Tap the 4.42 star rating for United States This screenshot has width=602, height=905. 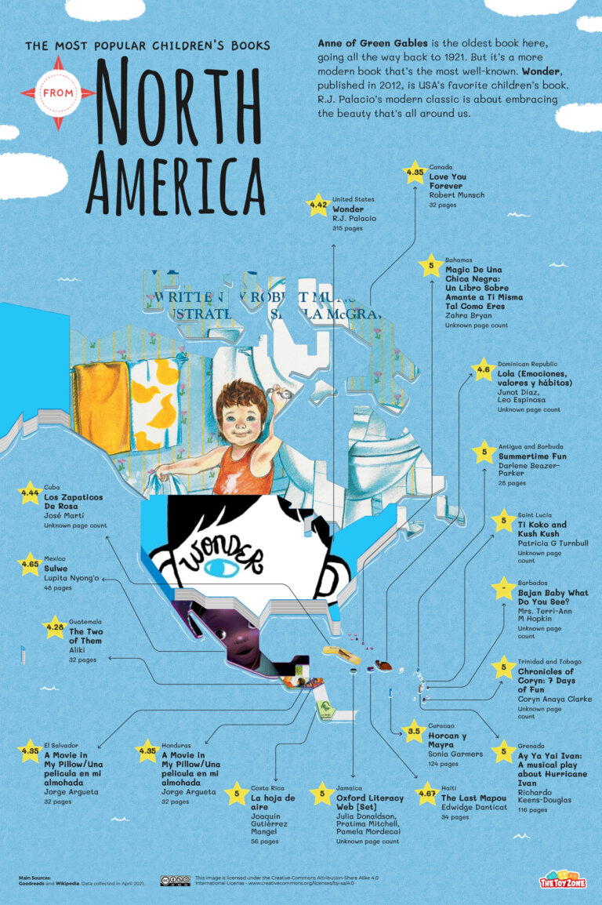(x=318, y=206)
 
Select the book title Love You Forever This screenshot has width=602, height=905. (x=448, y=182)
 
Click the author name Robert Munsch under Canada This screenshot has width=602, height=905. (x=456, y=194)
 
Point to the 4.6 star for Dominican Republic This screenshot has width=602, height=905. (x=484, y=369)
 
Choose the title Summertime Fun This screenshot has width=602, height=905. (x=532, y=456)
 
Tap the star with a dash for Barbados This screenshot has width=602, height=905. (x=502, y=587)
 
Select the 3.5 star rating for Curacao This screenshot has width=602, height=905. (x=414, y=731)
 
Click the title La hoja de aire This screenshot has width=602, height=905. (x=273, y=802)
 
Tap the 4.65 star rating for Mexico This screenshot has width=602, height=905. (x=29, y=563)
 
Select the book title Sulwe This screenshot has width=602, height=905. (x=56, y=568)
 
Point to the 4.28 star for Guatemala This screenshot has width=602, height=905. (x=55, y=627)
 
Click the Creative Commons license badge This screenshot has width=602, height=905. (x=175, y=881)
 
